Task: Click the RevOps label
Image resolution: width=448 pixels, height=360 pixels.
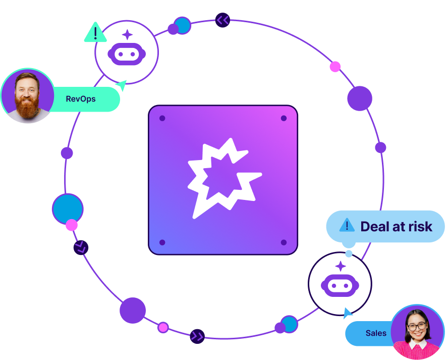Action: coord(81,99)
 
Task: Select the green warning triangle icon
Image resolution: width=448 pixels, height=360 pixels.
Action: coord(95,33)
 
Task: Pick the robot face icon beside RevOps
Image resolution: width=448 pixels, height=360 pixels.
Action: coord(127,52)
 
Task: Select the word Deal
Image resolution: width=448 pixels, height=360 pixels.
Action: coord(376,226)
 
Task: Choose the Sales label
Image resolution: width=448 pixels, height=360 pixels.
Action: coord(375,333)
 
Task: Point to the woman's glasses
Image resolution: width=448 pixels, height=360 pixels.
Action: coord(417,326)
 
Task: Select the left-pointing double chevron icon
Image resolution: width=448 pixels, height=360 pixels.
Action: coord(222,20)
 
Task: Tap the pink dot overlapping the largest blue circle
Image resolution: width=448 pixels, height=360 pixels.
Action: coord(72,225)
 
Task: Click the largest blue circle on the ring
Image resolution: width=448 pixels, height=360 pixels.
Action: coord(67,208)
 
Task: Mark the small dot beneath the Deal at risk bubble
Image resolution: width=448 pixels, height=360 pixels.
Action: coord(349,253)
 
